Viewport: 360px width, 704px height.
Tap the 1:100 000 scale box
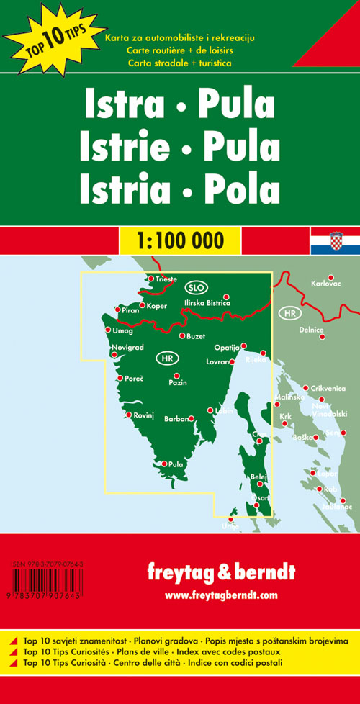point(179,239)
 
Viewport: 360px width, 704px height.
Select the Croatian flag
point(335,243)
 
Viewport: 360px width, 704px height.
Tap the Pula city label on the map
point(176,464)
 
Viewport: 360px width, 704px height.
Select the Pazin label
point(178,382)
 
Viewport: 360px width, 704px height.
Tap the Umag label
point(123,331)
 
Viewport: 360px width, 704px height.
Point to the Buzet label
point(195,337)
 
